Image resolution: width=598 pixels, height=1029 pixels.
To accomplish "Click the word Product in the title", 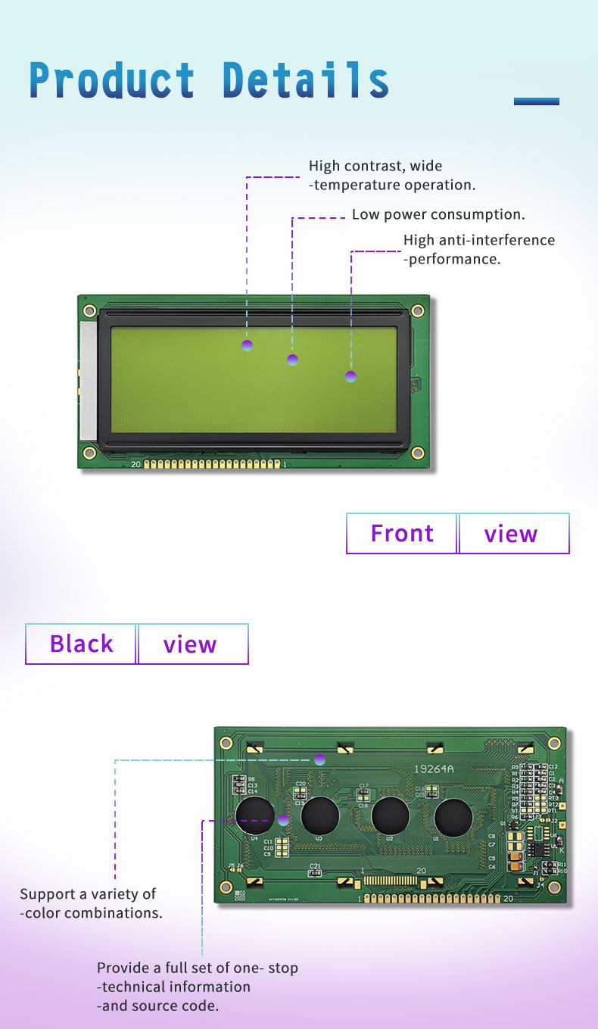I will [112, 80].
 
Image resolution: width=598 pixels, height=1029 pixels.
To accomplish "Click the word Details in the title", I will [306, 80].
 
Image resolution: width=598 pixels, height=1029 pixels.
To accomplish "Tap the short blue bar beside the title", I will [536, 101].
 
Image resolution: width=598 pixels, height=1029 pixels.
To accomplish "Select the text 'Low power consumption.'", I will [438, 215].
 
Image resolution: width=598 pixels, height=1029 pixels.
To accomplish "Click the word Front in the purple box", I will [402, 534].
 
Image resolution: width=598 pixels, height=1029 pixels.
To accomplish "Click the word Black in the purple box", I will [81, 644].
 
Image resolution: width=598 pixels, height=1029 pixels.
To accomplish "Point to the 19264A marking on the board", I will [434, 769].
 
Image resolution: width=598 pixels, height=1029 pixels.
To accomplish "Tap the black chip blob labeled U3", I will [319, 815].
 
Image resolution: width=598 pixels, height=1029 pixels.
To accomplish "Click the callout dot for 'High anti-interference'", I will [350, 376].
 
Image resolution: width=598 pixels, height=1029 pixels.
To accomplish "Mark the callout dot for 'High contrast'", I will [247, 345].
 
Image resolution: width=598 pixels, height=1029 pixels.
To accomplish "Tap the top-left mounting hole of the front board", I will [89, 310].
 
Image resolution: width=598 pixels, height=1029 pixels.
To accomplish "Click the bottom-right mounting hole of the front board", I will [417, 452].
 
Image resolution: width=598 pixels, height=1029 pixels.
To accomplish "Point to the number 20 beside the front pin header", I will [135, 464].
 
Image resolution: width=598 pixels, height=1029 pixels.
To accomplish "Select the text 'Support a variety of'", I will [88, 894].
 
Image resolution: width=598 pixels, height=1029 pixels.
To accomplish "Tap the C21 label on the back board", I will [315, 865].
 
